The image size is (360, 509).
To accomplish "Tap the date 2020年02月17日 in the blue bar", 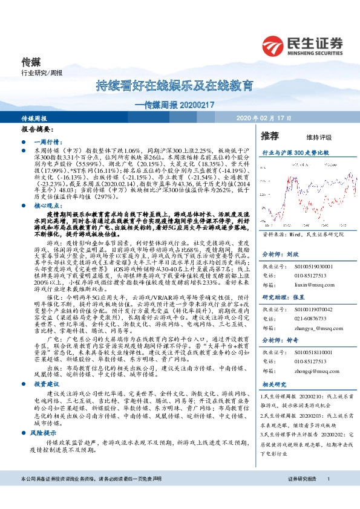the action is point(264,119).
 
